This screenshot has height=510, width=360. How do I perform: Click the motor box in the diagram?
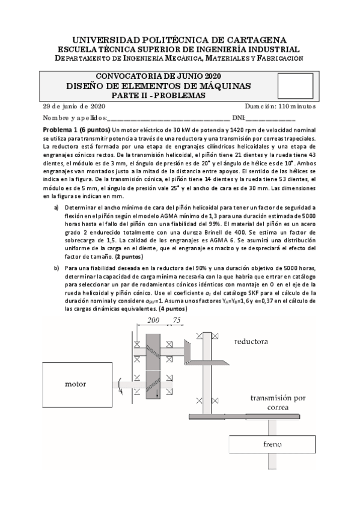[81, 383]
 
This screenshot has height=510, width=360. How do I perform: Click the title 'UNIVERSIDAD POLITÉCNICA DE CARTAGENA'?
[180, 38]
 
